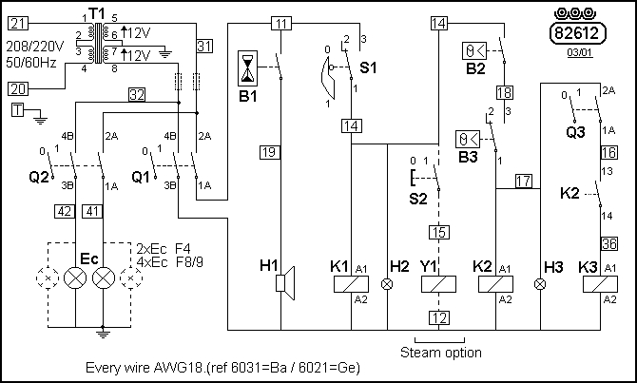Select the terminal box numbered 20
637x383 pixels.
click(x=20, y=88)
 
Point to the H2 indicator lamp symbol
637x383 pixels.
click(x=387, y=283)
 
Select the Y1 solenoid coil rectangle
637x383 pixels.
click(x=438, y=284)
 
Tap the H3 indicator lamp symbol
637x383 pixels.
click(x=541, y=283)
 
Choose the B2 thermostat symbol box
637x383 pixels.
click(x=473, y=48)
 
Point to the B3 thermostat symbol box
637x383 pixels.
click(x=468, y=139)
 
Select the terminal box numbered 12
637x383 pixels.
click(x=438, y=317)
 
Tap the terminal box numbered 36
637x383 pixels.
click(x=609, y=243)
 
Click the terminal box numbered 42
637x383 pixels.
click(x=64, y=211)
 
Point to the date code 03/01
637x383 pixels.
click(x=576, y=54)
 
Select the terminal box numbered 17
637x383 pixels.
click(x=523, y=181)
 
